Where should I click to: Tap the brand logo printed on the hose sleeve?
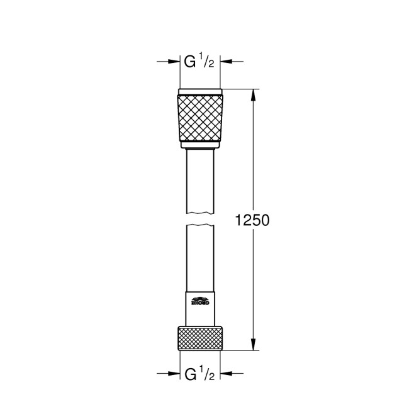click(201, 302)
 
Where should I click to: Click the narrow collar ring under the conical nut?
click(201, 146)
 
